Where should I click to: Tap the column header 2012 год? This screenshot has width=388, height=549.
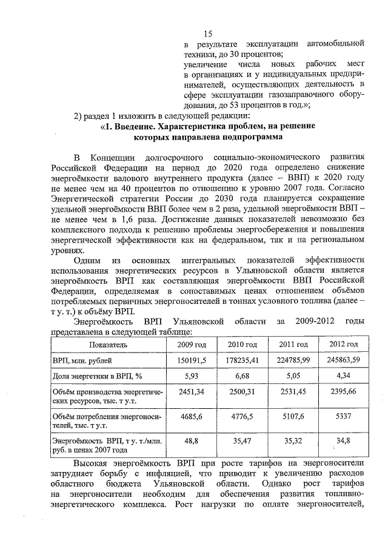coord(343,344)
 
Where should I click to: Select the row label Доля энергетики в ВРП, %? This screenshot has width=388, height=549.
coord(97,377)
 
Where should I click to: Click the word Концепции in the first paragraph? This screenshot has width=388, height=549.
coord(115,158)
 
